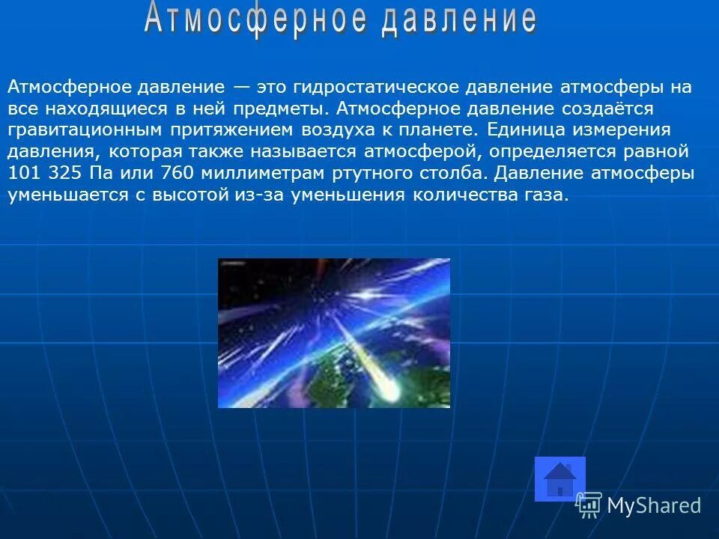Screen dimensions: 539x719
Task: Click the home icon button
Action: coord(559,479)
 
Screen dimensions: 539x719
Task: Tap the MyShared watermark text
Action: coord(653,505)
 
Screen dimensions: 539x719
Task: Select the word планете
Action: coord(443,130)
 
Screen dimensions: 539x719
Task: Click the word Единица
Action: coord(524,130)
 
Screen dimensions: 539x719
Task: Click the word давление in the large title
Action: coord(458,20)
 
